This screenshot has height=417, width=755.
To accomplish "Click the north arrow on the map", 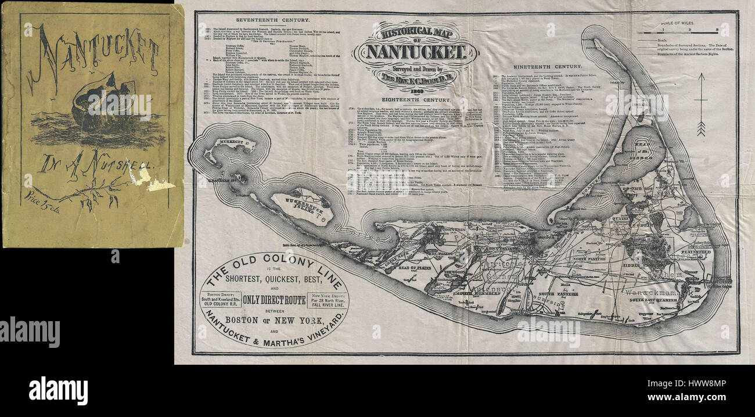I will (x=701, y=105).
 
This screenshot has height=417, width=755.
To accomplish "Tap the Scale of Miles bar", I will (x=688, y=32).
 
